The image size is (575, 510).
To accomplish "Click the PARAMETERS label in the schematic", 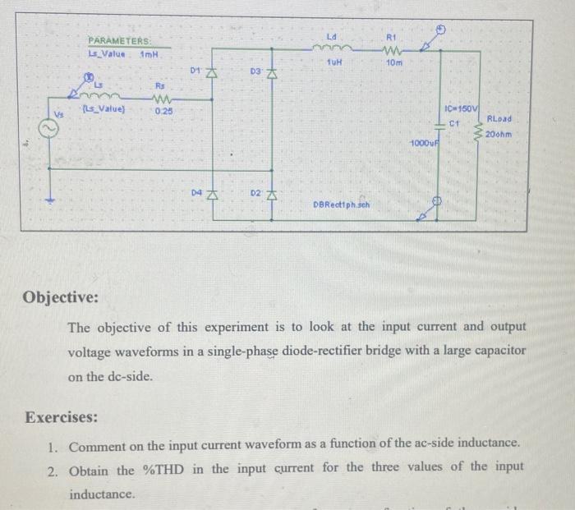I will click(x=120, y=41).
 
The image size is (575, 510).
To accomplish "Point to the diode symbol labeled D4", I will click(x=210, y=195).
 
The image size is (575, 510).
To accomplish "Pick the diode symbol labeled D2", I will click(x=270, y=195).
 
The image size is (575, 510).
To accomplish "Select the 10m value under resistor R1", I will click(x=393, y=63).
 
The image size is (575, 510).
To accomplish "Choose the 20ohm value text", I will click(x=499, y=134).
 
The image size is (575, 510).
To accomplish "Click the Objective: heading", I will click(x=62, y=296).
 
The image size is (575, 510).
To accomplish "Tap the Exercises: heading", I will click(x=61, y=416).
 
